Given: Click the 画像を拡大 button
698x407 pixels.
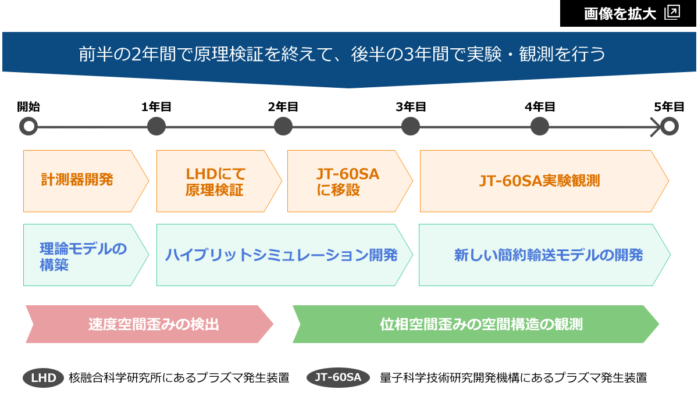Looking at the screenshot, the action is (x=628, y=13).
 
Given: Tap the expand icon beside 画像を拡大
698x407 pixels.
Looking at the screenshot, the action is (x=672, y=13).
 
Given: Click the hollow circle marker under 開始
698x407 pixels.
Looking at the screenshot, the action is (x=29, y=126).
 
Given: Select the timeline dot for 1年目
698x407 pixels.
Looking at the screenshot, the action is (x=156, y=126).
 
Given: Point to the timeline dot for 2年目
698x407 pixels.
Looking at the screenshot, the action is (x=283, y=126).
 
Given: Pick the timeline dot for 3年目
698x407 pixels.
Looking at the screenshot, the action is (x=411, y=126).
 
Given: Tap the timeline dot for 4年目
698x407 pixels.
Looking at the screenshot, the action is (x=539, y=126).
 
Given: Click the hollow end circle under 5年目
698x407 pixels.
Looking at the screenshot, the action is (x=669, y=126).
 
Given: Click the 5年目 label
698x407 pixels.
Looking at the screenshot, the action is (x=669, y=107).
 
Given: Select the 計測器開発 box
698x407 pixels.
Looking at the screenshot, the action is (x=86, y=181).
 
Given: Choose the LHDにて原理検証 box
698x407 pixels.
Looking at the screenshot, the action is (x=219, y=181).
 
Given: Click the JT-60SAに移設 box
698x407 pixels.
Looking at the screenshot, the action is (x=350, y=181).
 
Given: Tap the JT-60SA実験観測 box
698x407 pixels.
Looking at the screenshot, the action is (x=544, y=181).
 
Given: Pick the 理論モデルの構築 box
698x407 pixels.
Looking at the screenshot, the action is (x=86, y=255).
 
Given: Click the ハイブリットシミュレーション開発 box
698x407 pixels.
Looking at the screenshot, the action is (x=284, y=255).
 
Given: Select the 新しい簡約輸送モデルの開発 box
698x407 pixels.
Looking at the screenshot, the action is (x=544, y=255).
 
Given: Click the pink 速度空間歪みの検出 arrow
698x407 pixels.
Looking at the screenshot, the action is (x=149, y=324).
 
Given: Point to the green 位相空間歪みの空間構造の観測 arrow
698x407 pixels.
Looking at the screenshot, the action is (x=476, y=324).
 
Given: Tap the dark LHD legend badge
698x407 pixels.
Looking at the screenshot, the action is (x=43, y=378).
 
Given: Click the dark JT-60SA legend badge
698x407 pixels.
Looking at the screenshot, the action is (x=338, y=377).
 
